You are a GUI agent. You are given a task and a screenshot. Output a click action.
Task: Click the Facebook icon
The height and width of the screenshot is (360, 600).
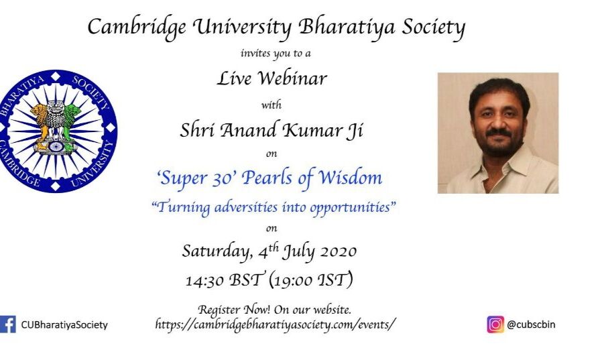tap(7, 324)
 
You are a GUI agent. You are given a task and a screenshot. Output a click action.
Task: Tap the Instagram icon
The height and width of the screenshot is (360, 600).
tap(495, 324)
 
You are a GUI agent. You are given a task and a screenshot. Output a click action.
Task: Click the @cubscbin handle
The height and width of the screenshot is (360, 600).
tap(531, 324)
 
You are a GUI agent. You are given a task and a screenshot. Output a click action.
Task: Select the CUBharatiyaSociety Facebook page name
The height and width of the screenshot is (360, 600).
tap(64, 324)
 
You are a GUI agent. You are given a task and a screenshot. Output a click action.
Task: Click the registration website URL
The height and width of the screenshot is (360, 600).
tap(274, 324)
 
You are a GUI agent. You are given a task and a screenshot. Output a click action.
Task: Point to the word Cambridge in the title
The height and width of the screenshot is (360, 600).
tap(137, 27)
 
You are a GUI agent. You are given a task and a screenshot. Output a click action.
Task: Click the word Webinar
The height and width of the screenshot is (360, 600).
tap(293, 78)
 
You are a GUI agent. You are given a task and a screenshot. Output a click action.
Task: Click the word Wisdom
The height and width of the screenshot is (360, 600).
tap(351, 178)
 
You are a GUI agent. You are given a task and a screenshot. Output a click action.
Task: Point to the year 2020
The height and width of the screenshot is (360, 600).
tap(339, 252)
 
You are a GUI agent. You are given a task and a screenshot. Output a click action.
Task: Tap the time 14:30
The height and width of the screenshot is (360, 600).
tap(204, 280)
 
